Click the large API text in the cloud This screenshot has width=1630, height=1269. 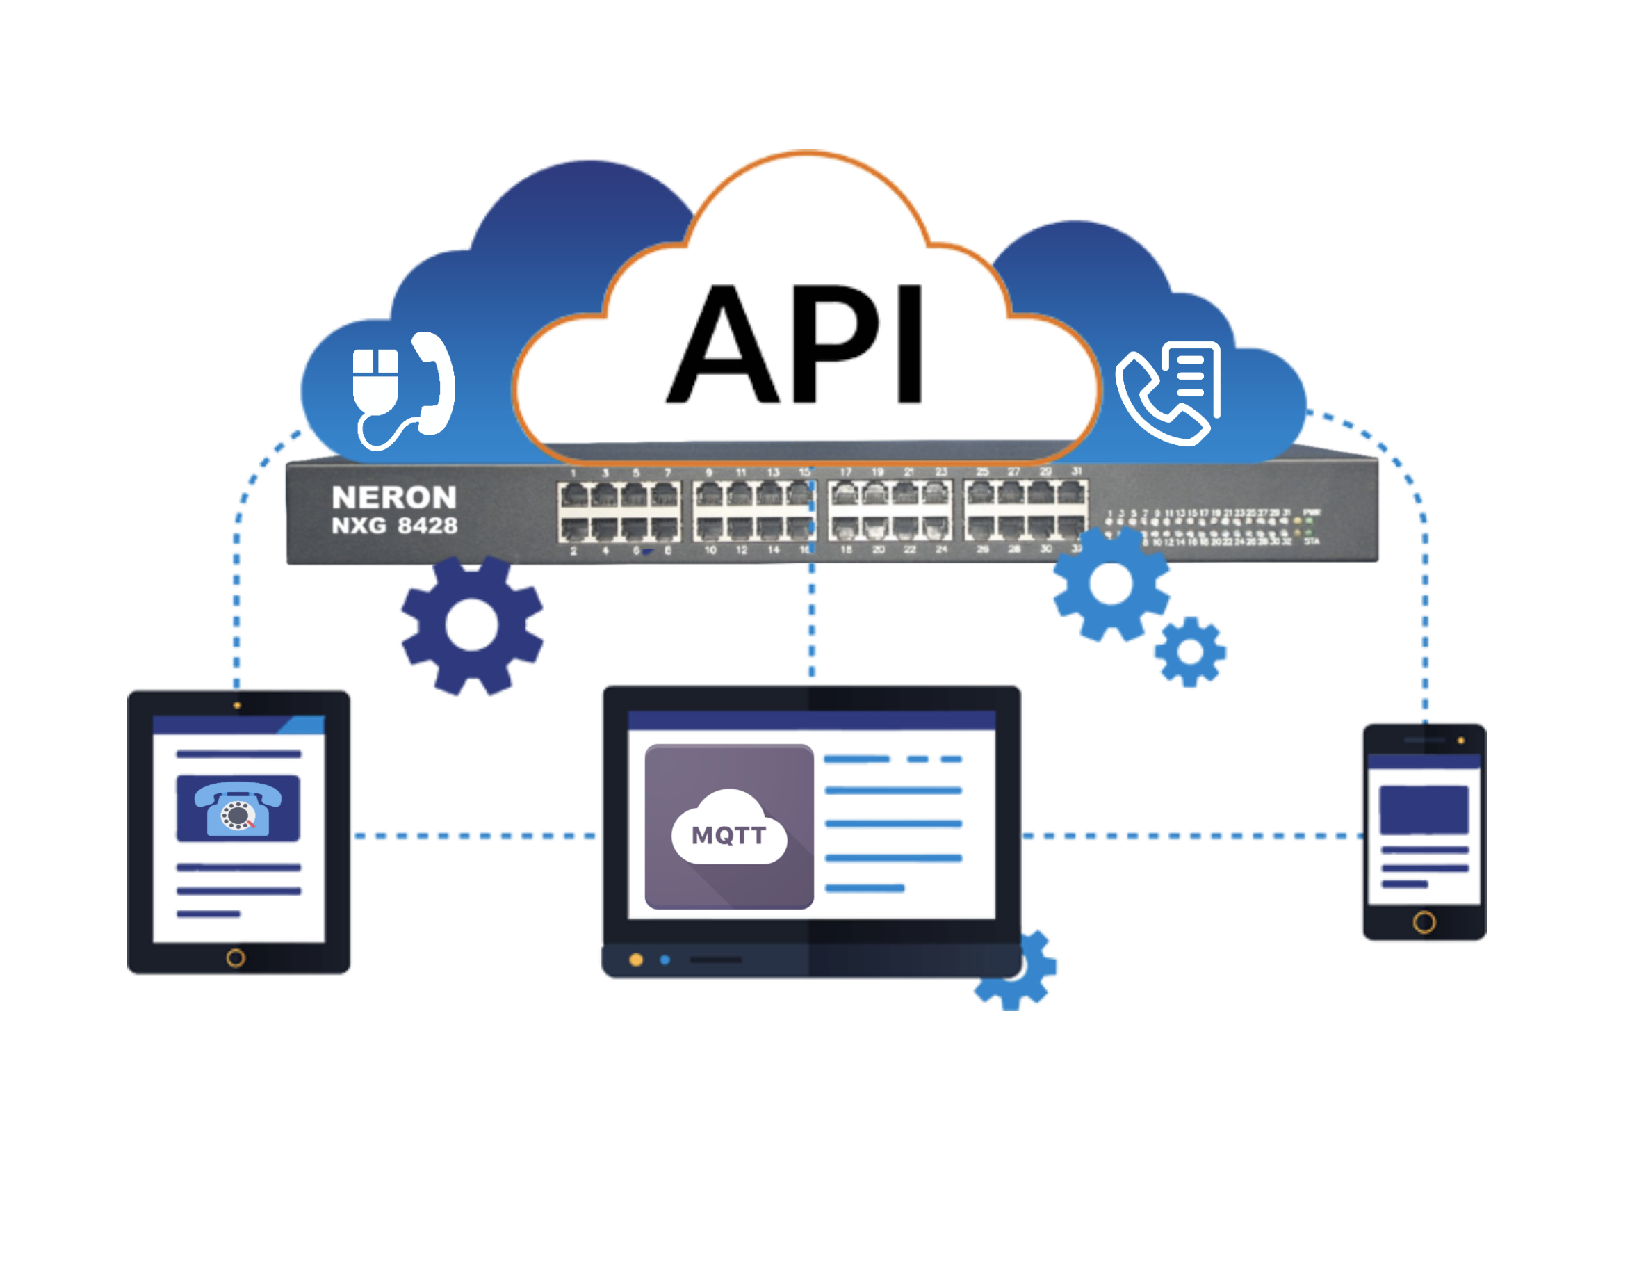click(x=796, y=345)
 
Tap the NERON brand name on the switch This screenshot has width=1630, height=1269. click(x=393, y=497)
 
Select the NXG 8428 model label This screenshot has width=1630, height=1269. click(x=394, y=526)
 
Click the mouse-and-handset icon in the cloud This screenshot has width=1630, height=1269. click(x=403, y=389)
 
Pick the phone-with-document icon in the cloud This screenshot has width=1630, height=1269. click(x=1168, y=393)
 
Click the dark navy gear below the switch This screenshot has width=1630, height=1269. click(x=472, y=626)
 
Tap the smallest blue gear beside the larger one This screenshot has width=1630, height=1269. click(x=1190, y=652)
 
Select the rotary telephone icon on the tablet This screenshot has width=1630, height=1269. click(x=237, y=808)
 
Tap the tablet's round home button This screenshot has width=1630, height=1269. click(x=235, y=957)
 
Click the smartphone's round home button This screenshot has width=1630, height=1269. click(x=1424, y=923)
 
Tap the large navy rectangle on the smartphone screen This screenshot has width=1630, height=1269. click(x=1424, y=809)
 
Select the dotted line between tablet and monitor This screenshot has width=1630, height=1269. click(x=476, y=835)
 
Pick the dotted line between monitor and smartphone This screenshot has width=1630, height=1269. click(x=1191, y=835)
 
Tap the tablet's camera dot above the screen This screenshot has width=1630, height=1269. click(x=236, y=705)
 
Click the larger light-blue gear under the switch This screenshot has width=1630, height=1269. click(x=1111, y=584)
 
